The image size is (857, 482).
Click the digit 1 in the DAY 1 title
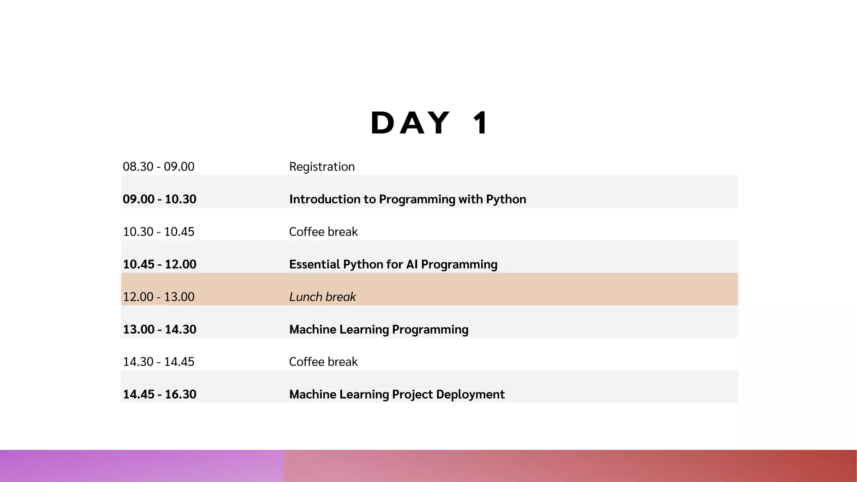(480, 123)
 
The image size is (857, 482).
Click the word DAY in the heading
(410, 123)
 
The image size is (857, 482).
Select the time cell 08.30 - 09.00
(159, 167)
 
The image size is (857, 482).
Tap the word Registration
(322, 167)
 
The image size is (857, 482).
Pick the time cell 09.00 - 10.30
(159, 199)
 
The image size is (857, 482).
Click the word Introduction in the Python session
(326, 199)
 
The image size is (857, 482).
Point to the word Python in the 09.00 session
(506, 200)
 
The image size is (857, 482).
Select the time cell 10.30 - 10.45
(159, 232)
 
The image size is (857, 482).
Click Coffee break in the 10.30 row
(323, 232)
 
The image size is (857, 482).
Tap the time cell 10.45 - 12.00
(159, 264)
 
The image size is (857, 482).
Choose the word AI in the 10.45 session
(412, 264)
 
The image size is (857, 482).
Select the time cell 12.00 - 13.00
(159, 297)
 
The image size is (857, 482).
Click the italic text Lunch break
(322, 297)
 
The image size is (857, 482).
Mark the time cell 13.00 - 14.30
(159, 329)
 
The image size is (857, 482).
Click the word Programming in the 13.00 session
(430, 330)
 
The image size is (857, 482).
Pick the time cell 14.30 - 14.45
(159, 362)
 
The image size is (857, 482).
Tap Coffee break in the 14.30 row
(323, 362)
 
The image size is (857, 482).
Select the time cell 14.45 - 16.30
(159, 395)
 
